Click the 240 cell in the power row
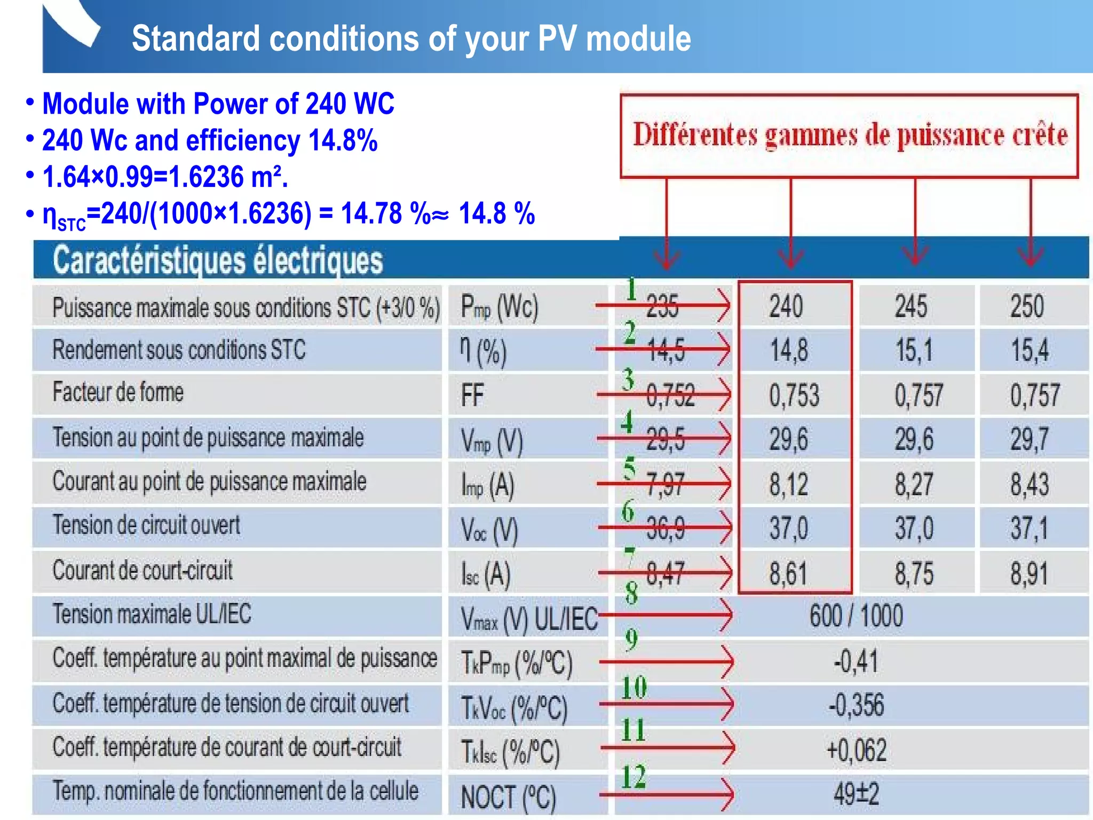(x=786, y=306)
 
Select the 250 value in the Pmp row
(x=1027, y=306)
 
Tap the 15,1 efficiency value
(x=914, y=351)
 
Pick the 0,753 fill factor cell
(x=794, y=396)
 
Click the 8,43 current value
(x=1029, y=484)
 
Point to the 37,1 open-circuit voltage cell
(x=1029, y=529)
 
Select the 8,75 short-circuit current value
(x=914, y=574)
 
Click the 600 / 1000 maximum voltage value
(x=856, y=616)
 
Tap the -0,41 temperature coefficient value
(x=856, y=661)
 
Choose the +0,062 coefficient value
(x=856, y=750)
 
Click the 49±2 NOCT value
(x=856, y=794)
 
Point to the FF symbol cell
(x=472, y=396)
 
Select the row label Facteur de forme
(x=118, y=392)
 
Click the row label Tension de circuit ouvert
(x=146, y=525)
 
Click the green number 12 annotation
(x=633, y=777)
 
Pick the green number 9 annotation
(x=631, y=640)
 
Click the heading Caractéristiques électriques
(x=218, y=261)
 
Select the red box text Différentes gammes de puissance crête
(x=850, y=135)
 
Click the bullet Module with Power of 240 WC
(x=218, y=104)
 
